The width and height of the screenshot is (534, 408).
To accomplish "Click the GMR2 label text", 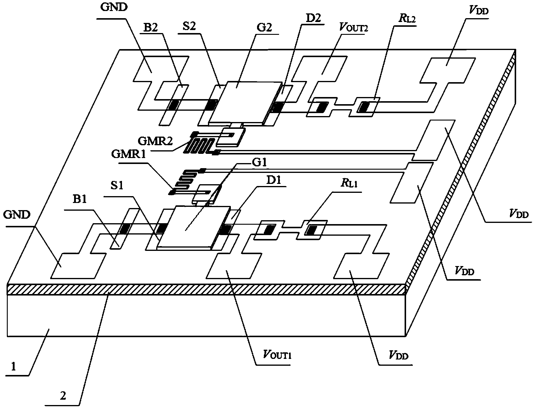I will click(x=155, y=141).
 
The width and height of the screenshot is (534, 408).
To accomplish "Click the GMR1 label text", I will click(x=128, y=155).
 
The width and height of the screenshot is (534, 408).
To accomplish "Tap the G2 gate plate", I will click(x=247, y=101).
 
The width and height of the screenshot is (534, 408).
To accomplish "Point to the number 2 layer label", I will click(x=63, y=396).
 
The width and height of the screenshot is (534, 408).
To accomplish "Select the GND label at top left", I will click(x=114, y=7).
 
